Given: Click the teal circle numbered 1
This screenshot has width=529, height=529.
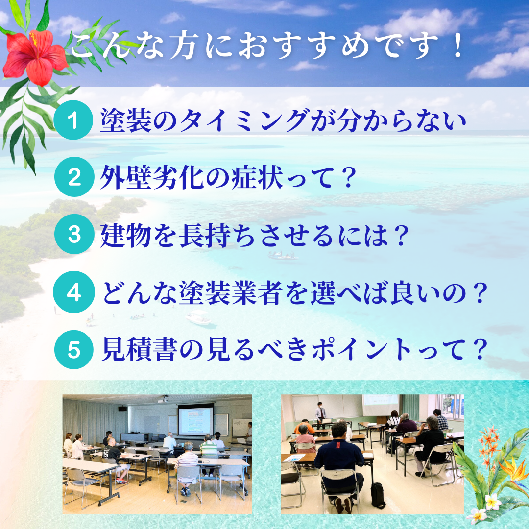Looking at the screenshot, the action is click(x=73, y=120).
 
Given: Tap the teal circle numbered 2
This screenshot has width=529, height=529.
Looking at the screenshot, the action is click(x=74, y=177).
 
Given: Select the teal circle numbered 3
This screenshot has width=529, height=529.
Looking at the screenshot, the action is click(x=74, y=234).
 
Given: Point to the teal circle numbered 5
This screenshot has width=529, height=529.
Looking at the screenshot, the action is click(x=74, y=349).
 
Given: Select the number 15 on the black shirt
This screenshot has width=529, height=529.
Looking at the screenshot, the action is click(x=106, y=454).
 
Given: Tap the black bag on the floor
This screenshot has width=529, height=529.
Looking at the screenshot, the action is click(x=378, y=495).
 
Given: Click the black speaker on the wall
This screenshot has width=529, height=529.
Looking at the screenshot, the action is click(x=123, y=409).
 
